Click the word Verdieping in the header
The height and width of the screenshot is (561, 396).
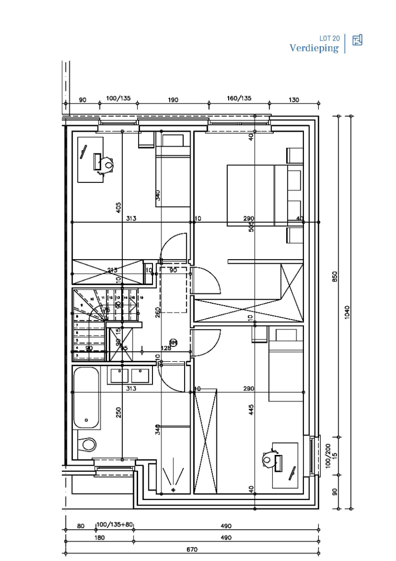pos(314,48)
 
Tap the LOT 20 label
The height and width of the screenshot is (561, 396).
pos(330,38)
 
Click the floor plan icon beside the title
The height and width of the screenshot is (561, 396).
pos(357,40)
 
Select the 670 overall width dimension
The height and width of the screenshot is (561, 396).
pos(192,549)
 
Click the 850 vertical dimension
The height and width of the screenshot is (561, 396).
pos(335,277)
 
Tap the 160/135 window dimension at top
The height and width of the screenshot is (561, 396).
pos(239,99)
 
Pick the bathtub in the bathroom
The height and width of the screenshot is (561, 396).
pos(87,398)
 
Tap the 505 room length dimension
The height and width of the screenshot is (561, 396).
pos(251,227)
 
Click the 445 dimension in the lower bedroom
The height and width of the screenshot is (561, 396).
pos(251,409)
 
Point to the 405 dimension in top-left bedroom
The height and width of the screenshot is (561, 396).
pos(119,207)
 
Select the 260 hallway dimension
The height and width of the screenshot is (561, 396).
pos(157,312)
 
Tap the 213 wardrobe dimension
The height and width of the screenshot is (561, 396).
pos(112,270)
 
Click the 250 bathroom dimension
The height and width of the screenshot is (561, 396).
pos(119,412)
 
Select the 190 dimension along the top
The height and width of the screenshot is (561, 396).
pos(173,100)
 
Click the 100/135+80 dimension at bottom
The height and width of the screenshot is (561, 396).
pos(115,525)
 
